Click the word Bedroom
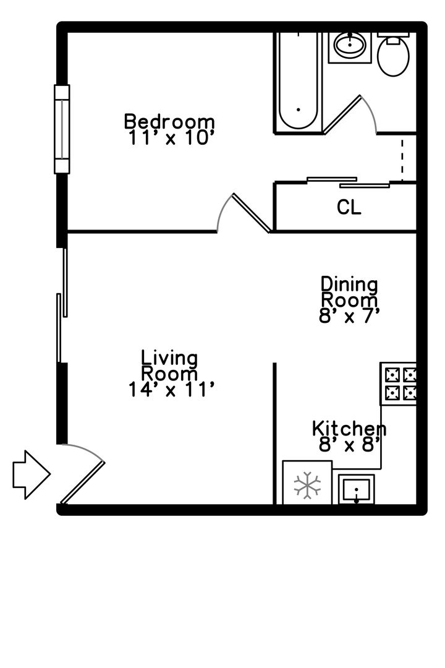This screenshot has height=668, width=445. (169, 121)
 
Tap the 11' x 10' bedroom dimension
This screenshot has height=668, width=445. (170, 137)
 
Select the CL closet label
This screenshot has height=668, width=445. (349, 207)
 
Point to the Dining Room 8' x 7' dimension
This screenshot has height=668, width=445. (349, 315)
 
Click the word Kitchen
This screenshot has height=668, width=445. (349, 429)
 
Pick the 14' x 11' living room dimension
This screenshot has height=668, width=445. (171, 389)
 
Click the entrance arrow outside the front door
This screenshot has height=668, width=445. (32, 474)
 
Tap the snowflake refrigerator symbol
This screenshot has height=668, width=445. (307, 486)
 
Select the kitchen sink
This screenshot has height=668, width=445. (357, 489)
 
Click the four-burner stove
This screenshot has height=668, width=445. (398, 384)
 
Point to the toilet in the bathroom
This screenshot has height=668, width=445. (394, 54)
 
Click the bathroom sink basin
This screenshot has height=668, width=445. (350, 45)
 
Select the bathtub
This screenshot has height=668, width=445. (298, 82)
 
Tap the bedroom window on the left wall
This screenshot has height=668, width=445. (62, 129)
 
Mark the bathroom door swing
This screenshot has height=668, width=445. (350, 115)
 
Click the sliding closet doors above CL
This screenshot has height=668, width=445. (349, 182)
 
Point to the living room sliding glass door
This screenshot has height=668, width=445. (62, 305)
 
